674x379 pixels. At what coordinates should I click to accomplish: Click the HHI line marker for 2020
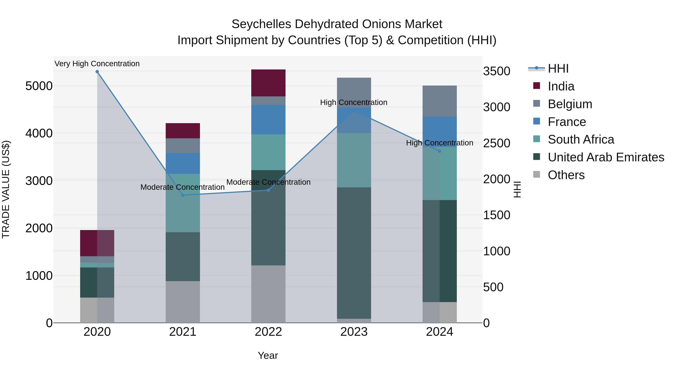[x=97, y=72]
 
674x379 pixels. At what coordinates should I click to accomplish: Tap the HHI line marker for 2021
[x=183, y=195]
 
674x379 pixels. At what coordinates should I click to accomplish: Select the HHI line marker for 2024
[x=440, y=151]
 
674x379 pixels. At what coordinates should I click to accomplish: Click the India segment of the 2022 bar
[x=268, y=83]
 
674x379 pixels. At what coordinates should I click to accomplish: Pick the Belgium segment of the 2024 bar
[x=440, y=101]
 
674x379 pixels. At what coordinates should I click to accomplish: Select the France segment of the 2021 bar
[x=183, y=163]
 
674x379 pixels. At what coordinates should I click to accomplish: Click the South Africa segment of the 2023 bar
[x=354, y=160]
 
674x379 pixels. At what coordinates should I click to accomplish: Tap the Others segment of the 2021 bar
[x=183, y=302]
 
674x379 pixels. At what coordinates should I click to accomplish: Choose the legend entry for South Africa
[x=581, y=139]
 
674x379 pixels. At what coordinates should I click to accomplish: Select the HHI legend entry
[x=558, y=69]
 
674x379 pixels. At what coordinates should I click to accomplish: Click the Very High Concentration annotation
[x=97, y=64]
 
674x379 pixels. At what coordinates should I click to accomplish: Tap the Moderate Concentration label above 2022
[x=268, y=182]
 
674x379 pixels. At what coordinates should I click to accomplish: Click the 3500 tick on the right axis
[x=496, y=71]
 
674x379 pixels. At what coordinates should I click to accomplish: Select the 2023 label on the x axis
[x=354, y=332]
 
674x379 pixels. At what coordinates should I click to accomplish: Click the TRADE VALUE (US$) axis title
[x=6, y=189]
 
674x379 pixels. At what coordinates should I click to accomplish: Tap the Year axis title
[x=268, y=355]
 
